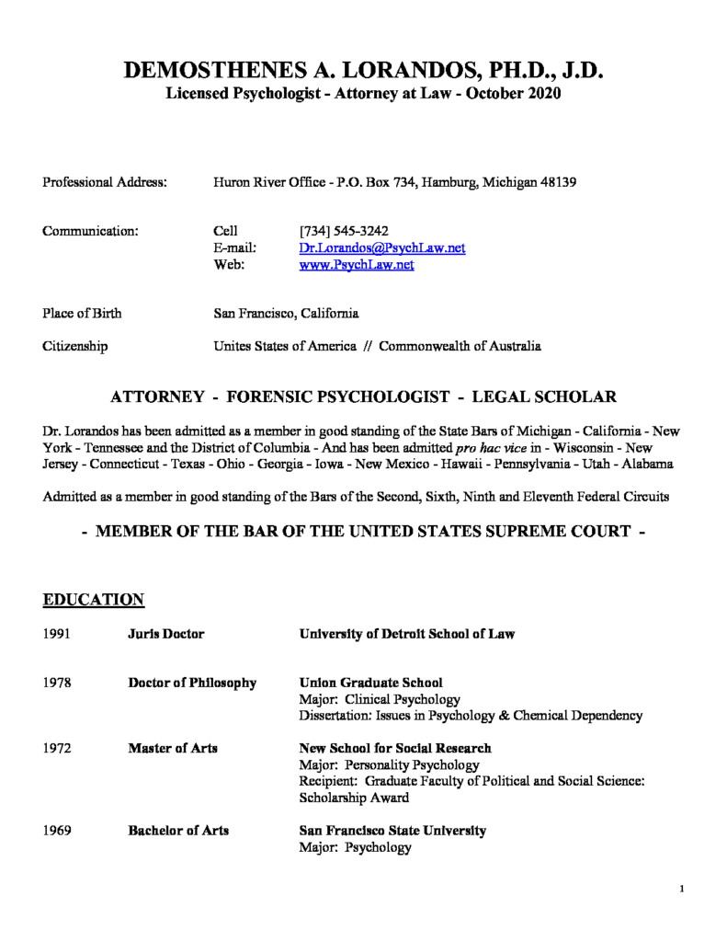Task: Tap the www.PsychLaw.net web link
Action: coord(357,265)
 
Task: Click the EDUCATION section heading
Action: coord(94,601)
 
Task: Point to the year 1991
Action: coord(58,634)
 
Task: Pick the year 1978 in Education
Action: coord(58,683)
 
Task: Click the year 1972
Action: coord(58,748)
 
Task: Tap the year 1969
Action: coord(58,830)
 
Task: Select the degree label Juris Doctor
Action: coord(165,634)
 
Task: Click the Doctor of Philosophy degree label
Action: coord(191,683)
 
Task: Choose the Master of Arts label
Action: coord(173,748)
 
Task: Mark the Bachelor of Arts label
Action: coord(178,830)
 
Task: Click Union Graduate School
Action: coord(370,683)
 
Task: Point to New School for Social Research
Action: coord(395,748)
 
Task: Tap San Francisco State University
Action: coord(392,830)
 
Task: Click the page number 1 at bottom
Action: coord(681,889)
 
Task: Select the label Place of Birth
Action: coord(82,314)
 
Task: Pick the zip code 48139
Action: coord(556,183)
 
